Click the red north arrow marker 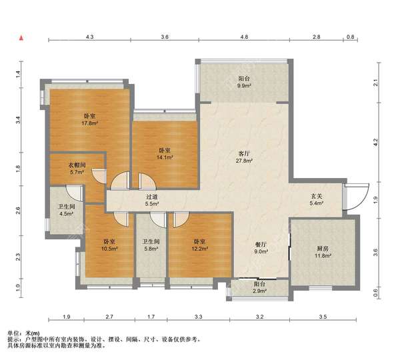(22, 38)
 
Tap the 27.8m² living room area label (244, 161)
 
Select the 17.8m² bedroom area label (90, 123)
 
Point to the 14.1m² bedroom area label (165, 157)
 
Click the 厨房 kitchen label (323, 248)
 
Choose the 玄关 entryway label (317, 196)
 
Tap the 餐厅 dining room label (261, 244)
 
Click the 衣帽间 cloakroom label (77, 165)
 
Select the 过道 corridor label (152, 197)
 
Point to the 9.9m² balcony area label (244, 86)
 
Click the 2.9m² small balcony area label (260, 291)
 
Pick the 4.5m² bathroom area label (66, 213)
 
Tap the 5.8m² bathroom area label (151, 248)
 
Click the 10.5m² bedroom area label (109, 249)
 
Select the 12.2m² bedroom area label (199, 248)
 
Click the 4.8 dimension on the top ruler (244, 37)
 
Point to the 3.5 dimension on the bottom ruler (323, 317)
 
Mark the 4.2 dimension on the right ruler (375, 143)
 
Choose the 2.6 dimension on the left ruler (18, 211)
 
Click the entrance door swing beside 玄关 (357, 197)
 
